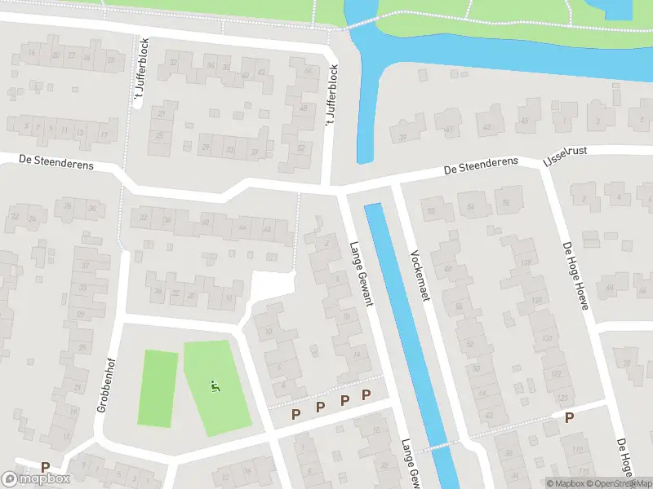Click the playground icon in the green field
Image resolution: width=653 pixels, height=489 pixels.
[x=215, y=386]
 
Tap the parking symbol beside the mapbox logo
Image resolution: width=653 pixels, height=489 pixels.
[x=46, y=467]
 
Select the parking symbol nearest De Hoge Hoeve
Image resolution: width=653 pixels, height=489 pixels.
[x=569, y=417]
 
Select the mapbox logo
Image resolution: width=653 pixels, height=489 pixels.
[x=36, y=478]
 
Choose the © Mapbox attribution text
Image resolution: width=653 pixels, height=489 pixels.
[x=568, y=483]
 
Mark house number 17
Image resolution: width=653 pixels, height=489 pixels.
[x=104, y=133]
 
